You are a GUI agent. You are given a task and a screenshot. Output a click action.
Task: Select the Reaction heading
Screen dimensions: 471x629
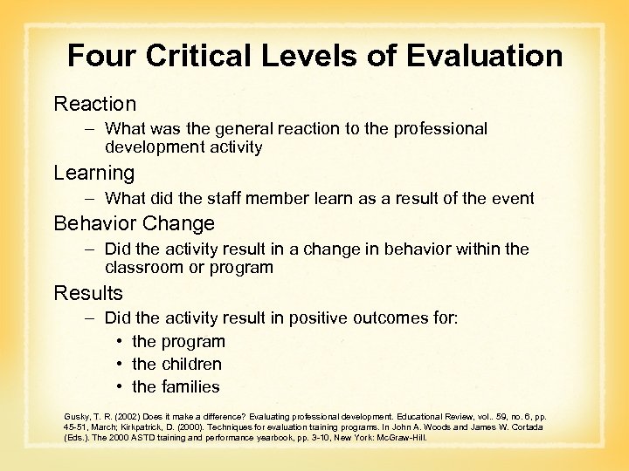click(94, 104)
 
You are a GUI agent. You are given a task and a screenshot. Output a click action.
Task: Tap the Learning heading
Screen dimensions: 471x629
click(93, 173)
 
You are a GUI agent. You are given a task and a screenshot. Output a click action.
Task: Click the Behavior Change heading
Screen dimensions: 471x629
click(134, 223)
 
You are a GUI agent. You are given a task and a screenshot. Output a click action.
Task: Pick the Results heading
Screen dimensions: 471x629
click(88, 292)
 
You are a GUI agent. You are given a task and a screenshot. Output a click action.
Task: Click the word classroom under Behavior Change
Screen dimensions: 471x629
click(144, 268)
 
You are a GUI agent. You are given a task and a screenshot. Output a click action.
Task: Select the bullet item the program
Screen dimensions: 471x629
click(178, 341)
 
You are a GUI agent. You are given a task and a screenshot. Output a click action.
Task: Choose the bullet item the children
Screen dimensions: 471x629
click(176, 364)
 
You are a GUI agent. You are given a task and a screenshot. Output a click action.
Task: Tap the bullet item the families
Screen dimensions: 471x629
click(176, 386)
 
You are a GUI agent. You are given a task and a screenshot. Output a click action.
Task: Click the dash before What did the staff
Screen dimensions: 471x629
click(90, 198)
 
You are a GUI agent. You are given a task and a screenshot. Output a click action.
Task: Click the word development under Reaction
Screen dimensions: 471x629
click(154, 147)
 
